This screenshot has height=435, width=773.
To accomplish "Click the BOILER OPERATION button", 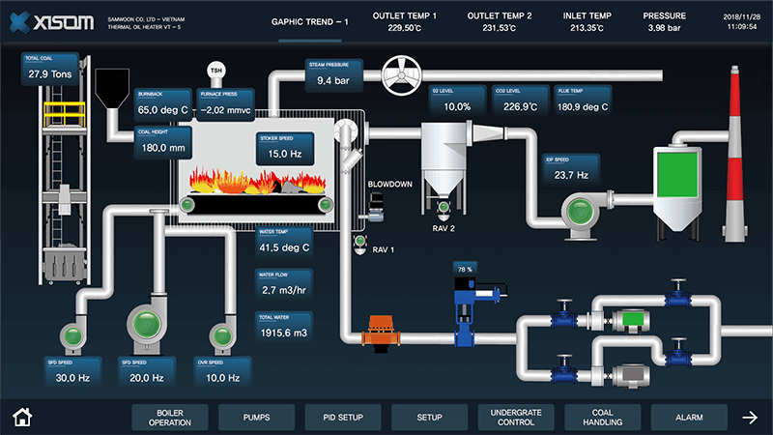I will (170, 418).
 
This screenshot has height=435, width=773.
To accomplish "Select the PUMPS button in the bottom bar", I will (257, 418).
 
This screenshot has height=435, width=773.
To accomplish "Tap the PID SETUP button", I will (343, 418).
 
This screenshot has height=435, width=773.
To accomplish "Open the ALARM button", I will (689, 418).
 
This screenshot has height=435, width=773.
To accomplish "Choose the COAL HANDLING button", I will (603, 418).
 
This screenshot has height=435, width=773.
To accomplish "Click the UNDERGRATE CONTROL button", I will (516, 418).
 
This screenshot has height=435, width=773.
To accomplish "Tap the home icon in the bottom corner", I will (22, 418).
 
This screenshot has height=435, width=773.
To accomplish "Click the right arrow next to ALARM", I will (750, 418).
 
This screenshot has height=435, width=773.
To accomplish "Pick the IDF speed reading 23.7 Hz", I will (571, 175).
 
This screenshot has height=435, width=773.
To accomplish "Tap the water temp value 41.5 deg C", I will (284, 247).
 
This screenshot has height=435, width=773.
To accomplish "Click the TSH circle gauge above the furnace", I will (216, 70).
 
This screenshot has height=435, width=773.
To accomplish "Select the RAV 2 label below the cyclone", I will (444, 230).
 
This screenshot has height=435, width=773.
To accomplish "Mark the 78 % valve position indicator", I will (466, 269).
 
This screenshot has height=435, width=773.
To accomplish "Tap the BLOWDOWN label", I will (390, 183).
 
